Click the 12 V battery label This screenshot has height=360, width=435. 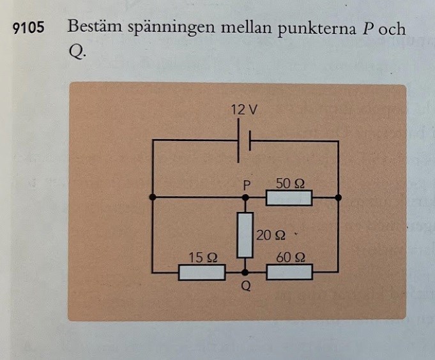(x=245, y=110)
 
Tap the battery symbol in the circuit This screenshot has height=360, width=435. (x=245, y=141)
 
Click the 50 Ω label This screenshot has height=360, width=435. (x=290, y=183)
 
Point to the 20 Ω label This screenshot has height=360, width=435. (x=271, y=235)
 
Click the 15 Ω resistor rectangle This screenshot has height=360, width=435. (x=201, y=273)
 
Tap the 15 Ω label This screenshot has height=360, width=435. (x=204, y=258)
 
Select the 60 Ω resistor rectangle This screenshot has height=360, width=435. (x=289, y=273)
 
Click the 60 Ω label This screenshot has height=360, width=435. (x=290, y=258)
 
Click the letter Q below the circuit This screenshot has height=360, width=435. (x=245, y=287)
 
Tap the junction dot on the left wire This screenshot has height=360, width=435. (x=153, y=198)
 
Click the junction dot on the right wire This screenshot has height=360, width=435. (x=339, y=198)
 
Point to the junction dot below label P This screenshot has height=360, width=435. (x=245, y=198)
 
